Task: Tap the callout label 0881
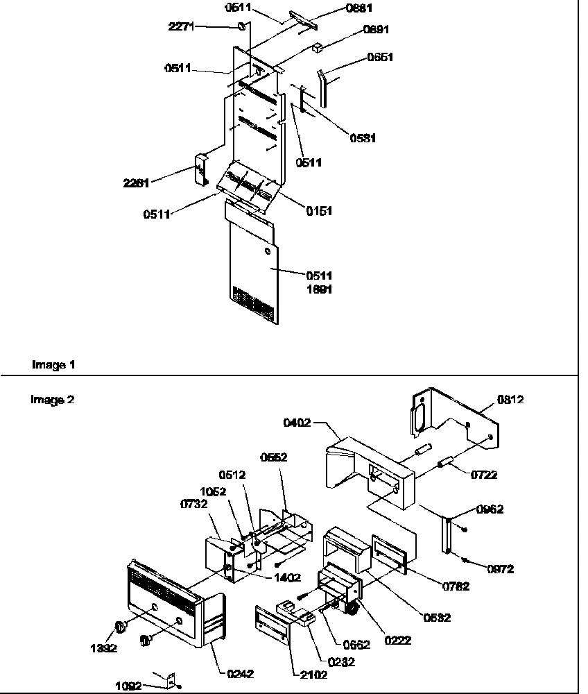coord(358,8)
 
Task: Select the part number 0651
coord(379,58)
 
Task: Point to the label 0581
coord(362,138)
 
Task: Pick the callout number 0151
coord(318,211)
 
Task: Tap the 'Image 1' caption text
coord(53,364)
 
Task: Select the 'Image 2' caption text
coord(53,399)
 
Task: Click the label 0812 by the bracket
coord(510,399)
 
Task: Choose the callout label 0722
coord(483,475)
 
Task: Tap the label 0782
coord(456,586)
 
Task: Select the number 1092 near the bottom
coord(130,686)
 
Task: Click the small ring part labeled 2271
coord(242,26)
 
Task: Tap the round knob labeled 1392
coord(120,627)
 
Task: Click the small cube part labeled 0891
coord(318,49)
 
